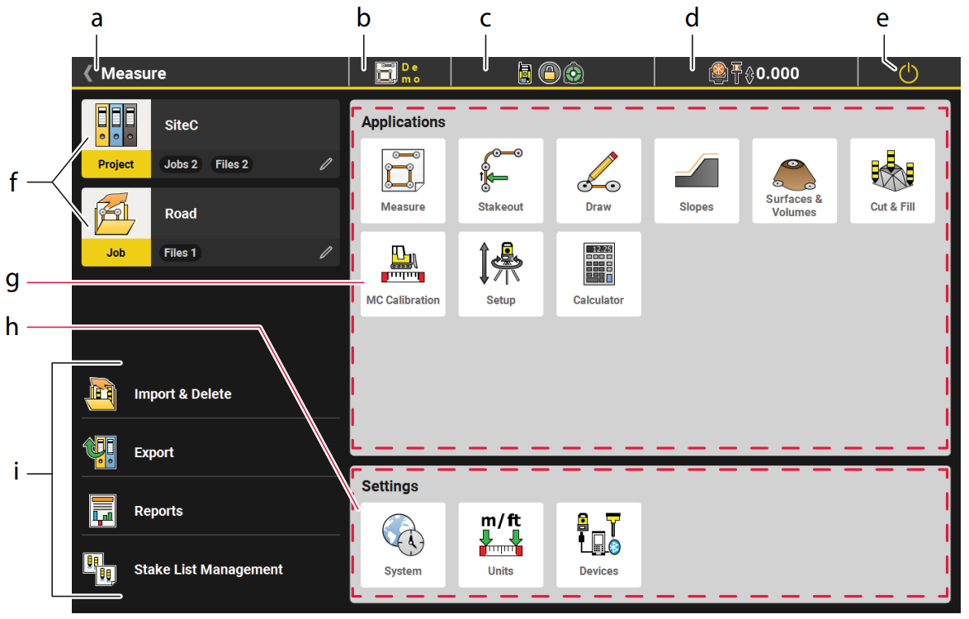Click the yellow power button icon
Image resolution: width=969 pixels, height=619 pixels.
coord(908,73)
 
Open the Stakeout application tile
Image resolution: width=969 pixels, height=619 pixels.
coord(500,181)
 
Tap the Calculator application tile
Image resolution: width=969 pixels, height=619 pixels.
coord(598,274)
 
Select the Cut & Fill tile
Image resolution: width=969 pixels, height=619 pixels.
coord(892,181)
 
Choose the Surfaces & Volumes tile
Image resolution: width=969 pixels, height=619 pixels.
coord(794,181)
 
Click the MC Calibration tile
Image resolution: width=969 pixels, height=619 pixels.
coord(403,274)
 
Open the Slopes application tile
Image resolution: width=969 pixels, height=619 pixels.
coord(697,181)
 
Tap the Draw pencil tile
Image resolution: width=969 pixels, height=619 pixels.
coord(598,181)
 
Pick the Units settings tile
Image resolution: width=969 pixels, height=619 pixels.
coord(500,545)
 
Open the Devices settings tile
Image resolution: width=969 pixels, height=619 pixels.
coord(598,545)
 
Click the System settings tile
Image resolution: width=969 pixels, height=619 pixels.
coord(403,545)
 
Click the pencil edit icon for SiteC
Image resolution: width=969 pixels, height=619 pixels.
coord(326,164)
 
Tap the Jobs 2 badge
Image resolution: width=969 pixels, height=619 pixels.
coord(181,164)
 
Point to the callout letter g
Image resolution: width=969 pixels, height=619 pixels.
coord(12,280)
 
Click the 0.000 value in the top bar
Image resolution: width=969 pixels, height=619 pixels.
coord(778,73)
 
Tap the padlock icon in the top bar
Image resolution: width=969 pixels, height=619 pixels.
coord(549,73)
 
